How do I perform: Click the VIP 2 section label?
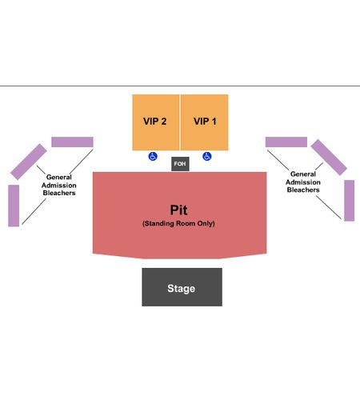tap(154, 122)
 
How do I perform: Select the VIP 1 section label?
tap(205, 122)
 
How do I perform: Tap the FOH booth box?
tap(180, 164)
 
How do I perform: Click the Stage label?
tap(182, 289)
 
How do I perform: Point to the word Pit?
tap(178, 210)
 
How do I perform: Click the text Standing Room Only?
tap(178, 223)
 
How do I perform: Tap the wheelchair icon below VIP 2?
tap(153, 156)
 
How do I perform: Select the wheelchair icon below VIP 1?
tap(207, 156)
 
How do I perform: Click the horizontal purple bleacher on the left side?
tap(72, 142)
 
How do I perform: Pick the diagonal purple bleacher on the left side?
tap(29, 162)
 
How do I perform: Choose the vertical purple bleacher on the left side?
tap(14, 206)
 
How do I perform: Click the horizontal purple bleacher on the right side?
tap(286, 142)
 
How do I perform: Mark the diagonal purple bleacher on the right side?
tap(329, 158)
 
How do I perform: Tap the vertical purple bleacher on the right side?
tap(350, 201)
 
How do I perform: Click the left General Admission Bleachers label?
tap(59, 185)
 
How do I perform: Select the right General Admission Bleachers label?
tap(303, 182)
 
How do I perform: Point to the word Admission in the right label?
tap(303, 182)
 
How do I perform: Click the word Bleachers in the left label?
tap(59, 193)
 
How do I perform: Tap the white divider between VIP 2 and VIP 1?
tap(180, 122)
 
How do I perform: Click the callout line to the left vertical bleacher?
tap(34, 211)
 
